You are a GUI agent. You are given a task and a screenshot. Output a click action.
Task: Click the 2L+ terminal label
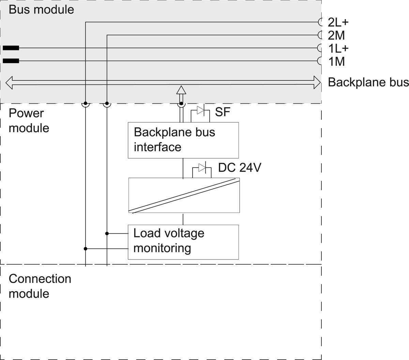(338, 22)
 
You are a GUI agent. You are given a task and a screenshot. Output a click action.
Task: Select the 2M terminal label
(336, 35)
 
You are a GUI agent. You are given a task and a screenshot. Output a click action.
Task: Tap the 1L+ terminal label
(338, 48)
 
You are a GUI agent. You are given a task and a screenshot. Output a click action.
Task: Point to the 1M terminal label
(336, 62)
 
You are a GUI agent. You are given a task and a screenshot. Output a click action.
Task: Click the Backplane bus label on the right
(368, 82)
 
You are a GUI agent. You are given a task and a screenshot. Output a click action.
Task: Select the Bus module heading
(41, 10)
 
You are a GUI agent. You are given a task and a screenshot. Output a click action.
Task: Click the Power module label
(29, 121)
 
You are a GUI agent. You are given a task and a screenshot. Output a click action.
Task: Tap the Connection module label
(40, 286)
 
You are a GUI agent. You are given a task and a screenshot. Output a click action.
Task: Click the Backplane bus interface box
(183, 140)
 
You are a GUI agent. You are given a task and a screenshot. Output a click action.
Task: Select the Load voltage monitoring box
(183, 242)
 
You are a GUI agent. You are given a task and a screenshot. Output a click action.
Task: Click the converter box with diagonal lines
(184, 195)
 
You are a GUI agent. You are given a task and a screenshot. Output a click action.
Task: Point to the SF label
(223, 112)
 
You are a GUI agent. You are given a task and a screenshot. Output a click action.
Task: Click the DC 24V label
(240, 168)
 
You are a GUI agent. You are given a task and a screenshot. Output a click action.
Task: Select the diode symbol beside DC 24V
(202, 168)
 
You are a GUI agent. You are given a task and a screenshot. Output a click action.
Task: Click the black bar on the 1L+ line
(11, 48)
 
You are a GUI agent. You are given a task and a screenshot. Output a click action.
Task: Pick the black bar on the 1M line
(11, 61)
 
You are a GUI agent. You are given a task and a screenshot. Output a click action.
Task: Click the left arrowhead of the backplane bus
(10, 83)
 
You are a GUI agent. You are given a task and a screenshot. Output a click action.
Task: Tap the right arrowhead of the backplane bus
(317, 82)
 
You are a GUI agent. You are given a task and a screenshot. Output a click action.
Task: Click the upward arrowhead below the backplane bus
(181, 90)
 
